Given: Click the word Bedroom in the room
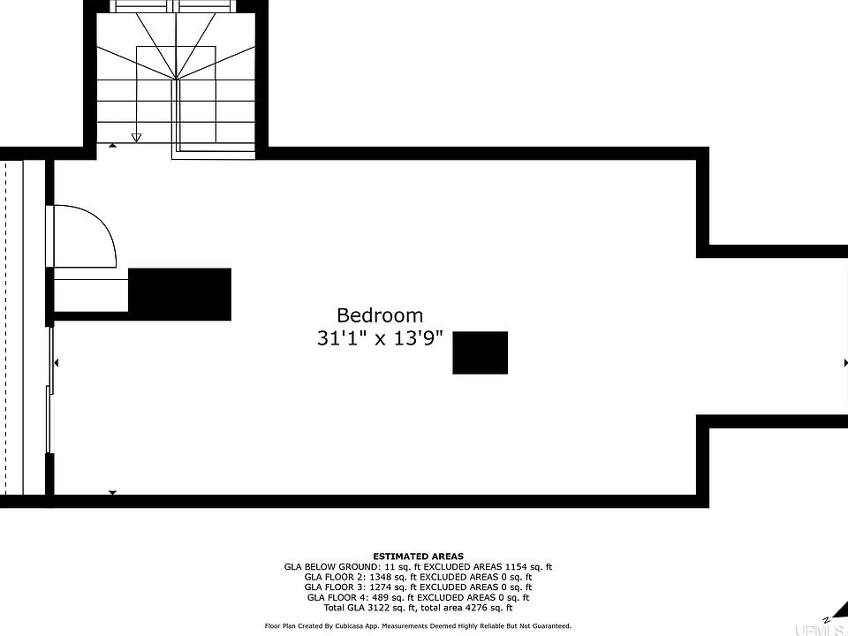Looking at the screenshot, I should click(x=380, y=315).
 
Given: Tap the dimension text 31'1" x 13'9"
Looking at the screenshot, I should click(x=380, y=337).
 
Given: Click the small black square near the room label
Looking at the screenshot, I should click(x=480, y=352).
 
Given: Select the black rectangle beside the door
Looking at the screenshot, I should click(x=180, y=294).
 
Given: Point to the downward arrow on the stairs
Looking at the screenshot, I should click(x=136, y=137).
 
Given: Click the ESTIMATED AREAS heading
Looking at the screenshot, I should click(x=418, y=556).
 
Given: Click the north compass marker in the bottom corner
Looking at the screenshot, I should click(x=826, y=618).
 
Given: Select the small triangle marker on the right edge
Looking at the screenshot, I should click(x=844, y=363).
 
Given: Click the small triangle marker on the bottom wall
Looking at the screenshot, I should click(x=112, y=493).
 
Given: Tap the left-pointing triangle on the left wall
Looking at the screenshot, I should click(x=57, y=363).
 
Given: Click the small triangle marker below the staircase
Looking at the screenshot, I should click(x=112, y=145).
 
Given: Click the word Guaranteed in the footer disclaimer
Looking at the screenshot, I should click(x=549, y=625).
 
